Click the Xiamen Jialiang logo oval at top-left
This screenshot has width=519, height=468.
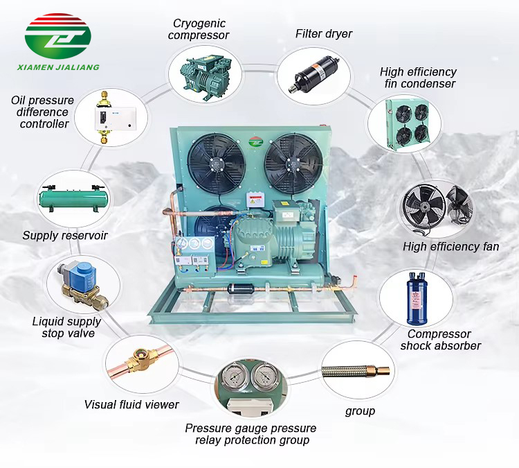coord(58,36)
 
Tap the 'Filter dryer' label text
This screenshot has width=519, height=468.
coord(323,33)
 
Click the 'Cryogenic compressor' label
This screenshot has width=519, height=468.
coord(199,29)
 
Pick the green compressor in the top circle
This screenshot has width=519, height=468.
coord(206,75)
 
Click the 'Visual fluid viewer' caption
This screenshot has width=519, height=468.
coord(131,405)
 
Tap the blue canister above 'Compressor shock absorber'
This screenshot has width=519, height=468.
coord(417,299)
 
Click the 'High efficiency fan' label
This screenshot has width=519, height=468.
coord(450,246)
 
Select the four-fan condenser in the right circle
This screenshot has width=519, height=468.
coord(408,124)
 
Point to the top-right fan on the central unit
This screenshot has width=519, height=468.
coord(294,164)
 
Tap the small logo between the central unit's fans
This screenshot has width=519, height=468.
coord(255,142)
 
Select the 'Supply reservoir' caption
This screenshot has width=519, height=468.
coord(65,236)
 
